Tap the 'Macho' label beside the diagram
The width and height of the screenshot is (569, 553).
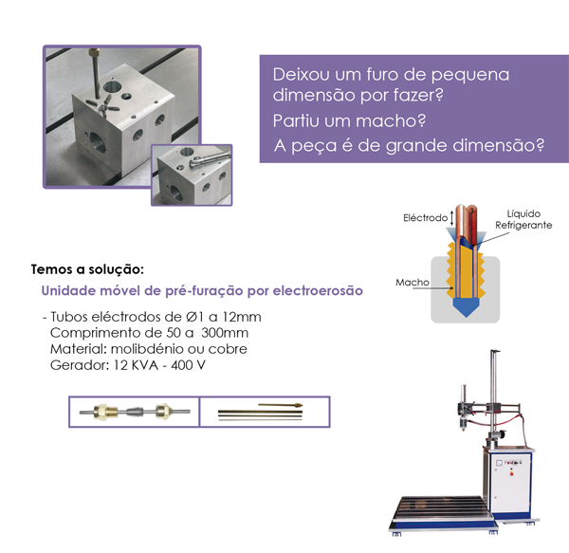point(413,283)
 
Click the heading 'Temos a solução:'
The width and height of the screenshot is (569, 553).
point(87,269)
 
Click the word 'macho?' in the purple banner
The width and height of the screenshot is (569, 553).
point(392,122)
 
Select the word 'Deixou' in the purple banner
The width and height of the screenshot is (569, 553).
point(299,73)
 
